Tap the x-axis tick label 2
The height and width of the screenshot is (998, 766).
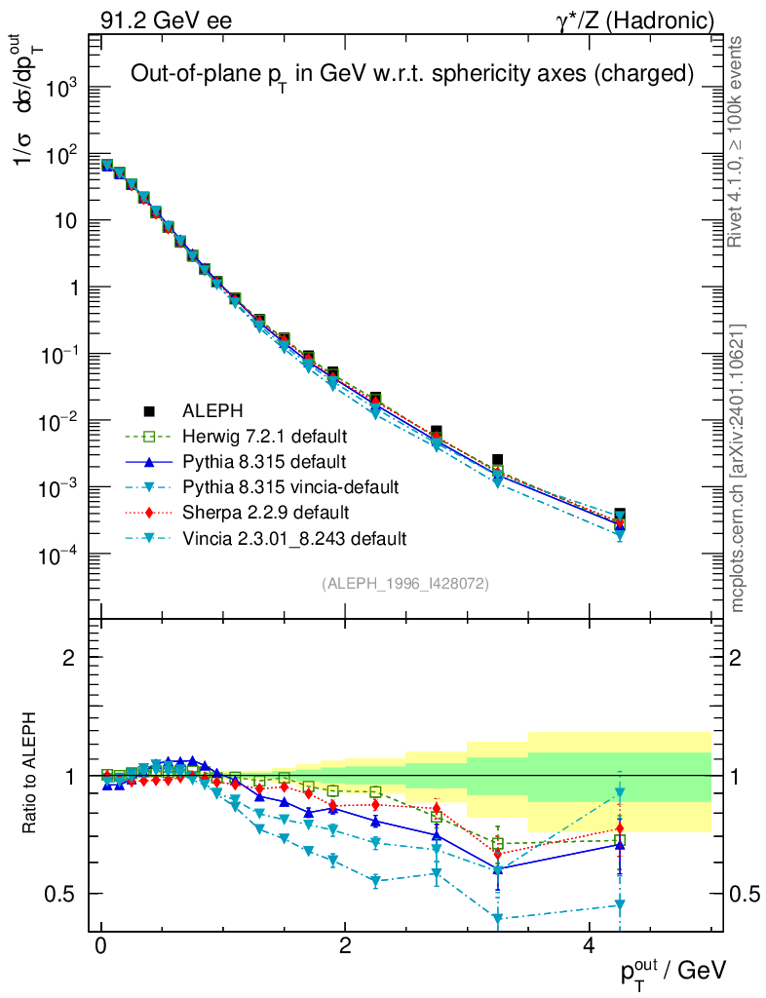(x=345, y=948)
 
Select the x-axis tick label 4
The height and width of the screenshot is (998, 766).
(x=589, y=948)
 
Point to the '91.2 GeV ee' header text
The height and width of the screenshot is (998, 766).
(x=166, y=19)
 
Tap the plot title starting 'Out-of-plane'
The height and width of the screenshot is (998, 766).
(x=412, y=74)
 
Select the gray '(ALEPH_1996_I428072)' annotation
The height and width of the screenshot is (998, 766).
(x=405, y=584)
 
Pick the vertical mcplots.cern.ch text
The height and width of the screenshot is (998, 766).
(x=737, y=468)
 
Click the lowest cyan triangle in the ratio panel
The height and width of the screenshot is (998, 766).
(x=498, y=918)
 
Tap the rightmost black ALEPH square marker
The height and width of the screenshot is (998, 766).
(x=620, y=514)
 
